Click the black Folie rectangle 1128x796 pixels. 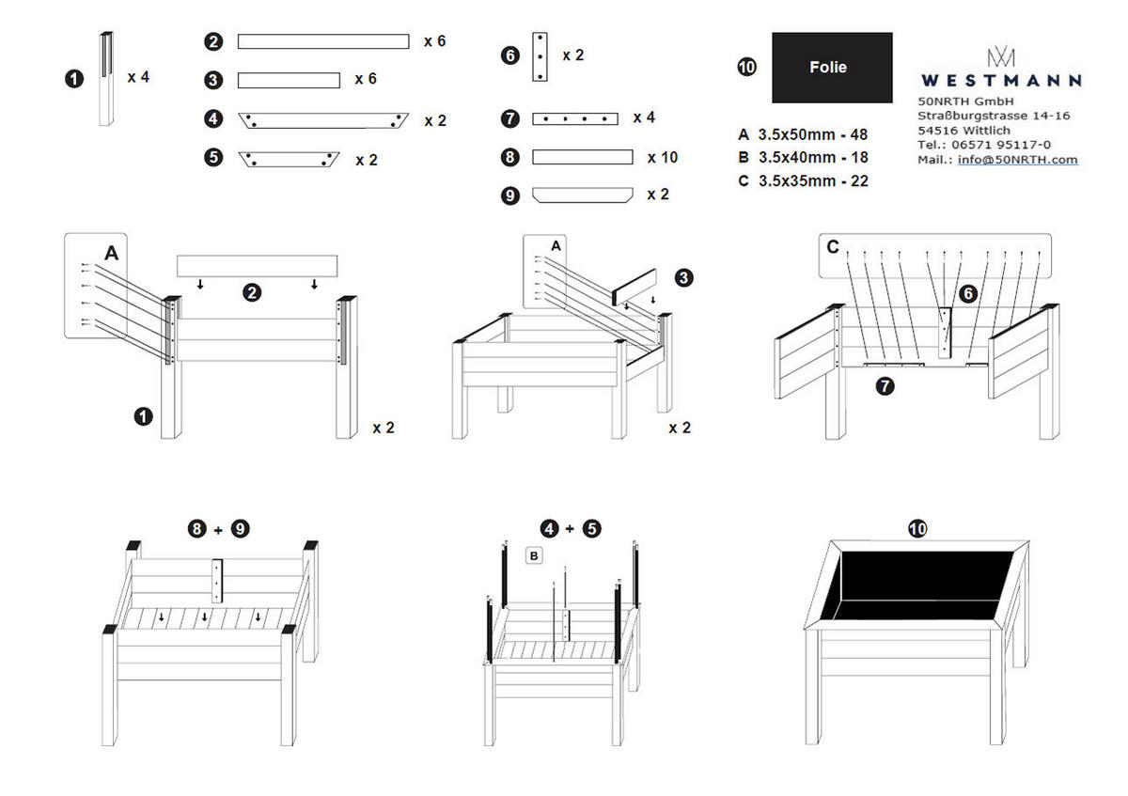point(832,68)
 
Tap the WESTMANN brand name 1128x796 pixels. point(1000,81)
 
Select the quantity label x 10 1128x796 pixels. point(663,157)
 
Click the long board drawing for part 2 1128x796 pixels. point(322,41)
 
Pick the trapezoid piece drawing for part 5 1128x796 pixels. point(289,158)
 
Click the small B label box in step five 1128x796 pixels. point(534,556)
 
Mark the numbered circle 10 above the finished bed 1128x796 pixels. point(917,529)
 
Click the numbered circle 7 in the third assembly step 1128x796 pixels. point(885,384)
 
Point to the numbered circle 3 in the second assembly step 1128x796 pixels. point(684,277)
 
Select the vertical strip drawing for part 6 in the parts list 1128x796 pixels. point(540,56)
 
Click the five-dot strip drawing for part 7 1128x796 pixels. point(574,118)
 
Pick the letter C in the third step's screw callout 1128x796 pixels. point(833,247)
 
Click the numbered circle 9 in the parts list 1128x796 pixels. point(510,195)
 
